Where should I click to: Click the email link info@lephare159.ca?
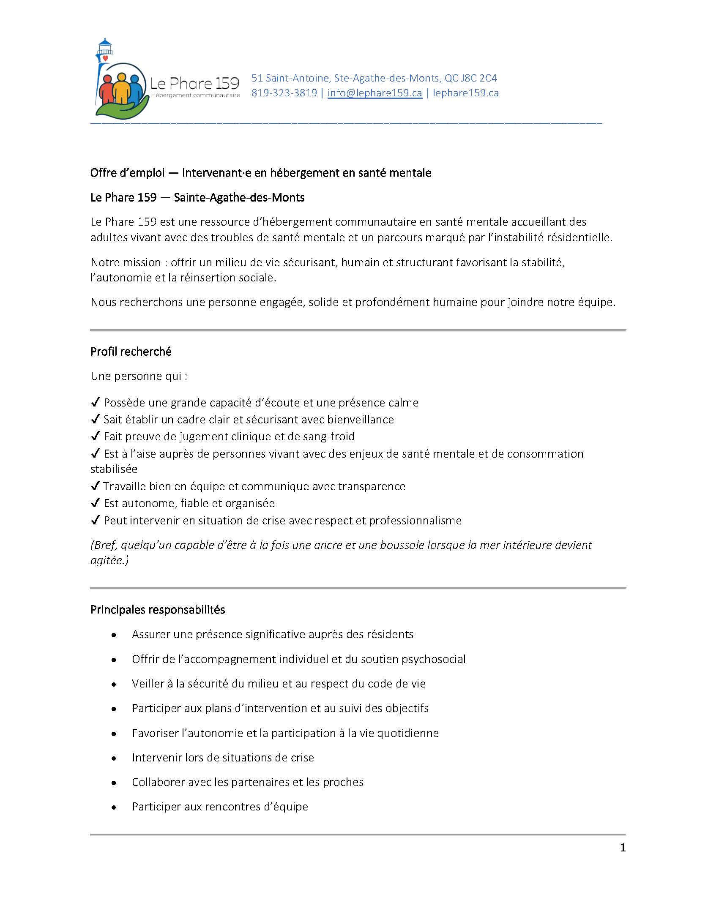click(375, 93)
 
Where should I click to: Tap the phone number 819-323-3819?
click(284, 93)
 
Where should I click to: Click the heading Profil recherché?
click(131, 352)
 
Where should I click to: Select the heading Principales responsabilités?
click(158, 610)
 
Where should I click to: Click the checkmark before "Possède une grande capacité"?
click(96, 402)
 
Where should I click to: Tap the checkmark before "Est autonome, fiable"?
click(96, 503)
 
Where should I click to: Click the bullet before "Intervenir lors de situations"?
click(114, 758)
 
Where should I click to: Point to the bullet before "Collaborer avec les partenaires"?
click(114, 783)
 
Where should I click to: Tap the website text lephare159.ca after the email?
click(465, 93)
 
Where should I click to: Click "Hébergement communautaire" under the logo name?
click(195, 95)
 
